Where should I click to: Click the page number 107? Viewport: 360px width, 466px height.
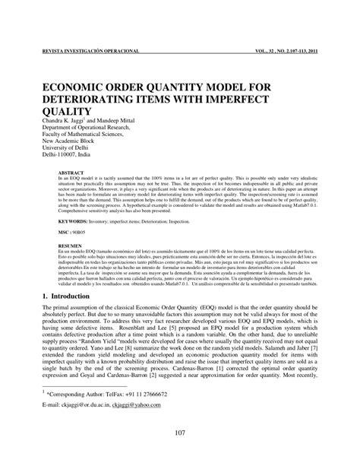click(x=180, y=455)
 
